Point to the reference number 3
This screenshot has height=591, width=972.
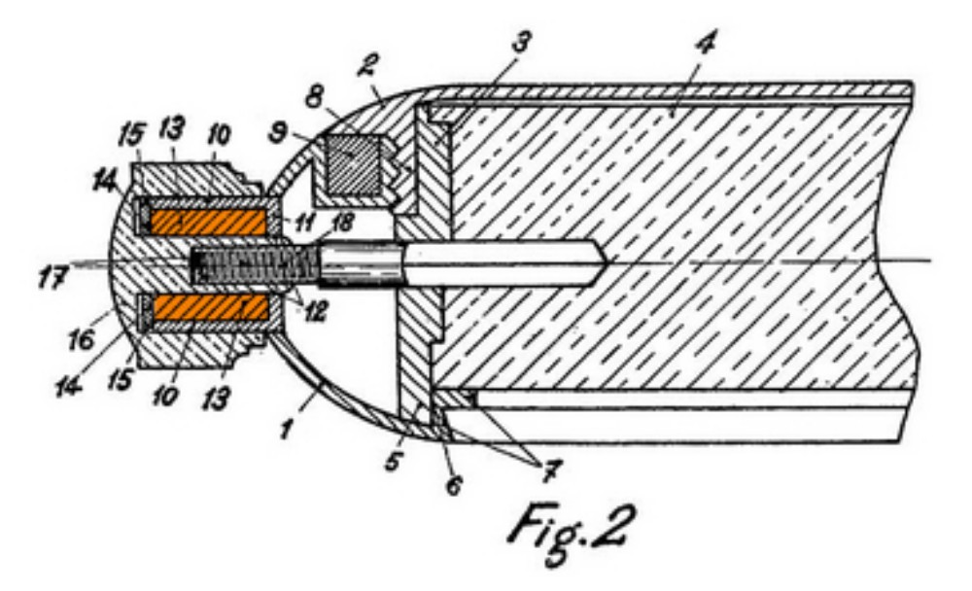[521, 42]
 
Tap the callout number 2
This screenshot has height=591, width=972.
[369, 65]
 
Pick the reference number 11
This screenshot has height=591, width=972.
[303, 222]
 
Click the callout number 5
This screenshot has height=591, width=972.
[393, 460]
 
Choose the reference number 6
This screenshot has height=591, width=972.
[454, 485]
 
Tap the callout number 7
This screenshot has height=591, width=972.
[547, 471]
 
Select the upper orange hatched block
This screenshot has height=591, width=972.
[210, 222]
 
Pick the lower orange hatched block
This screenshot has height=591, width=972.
[210, 307]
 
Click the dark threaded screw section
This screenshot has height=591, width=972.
[254, 264]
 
